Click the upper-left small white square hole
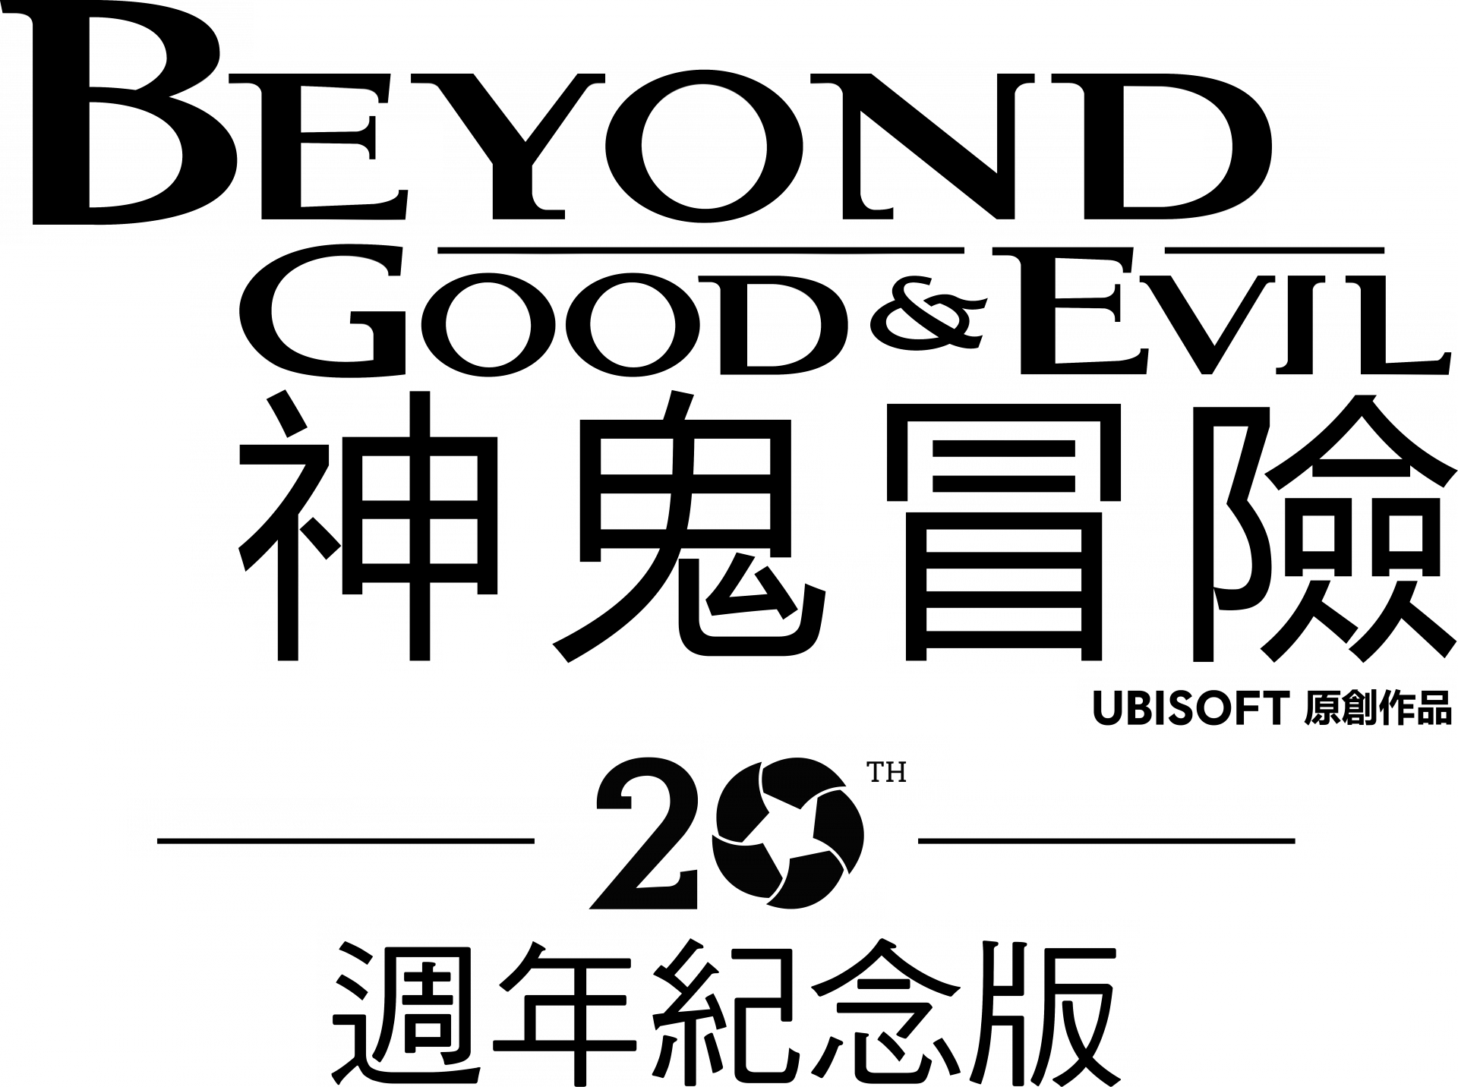tap(411, 153)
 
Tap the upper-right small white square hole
tap(1171, 153)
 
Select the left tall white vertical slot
tap(538, 520)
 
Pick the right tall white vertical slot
tap(854, 458)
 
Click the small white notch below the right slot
tap(854, 642)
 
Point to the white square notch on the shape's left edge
tap(221, 398)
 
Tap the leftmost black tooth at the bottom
tap(285, 642)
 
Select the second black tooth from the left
tap(411, 642)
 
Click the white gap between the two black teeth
tap(348, 642)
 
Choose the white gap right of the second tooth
tap(475, 642)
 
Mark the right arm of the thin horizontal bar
tap(1139, 827)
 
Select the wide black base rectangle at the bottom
tap(727, 1002)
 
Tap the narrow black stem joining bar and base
tap(727, 888)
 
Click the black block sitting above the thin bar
tap(759, 765)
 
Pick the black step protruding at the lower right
tap(1266, 704)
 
